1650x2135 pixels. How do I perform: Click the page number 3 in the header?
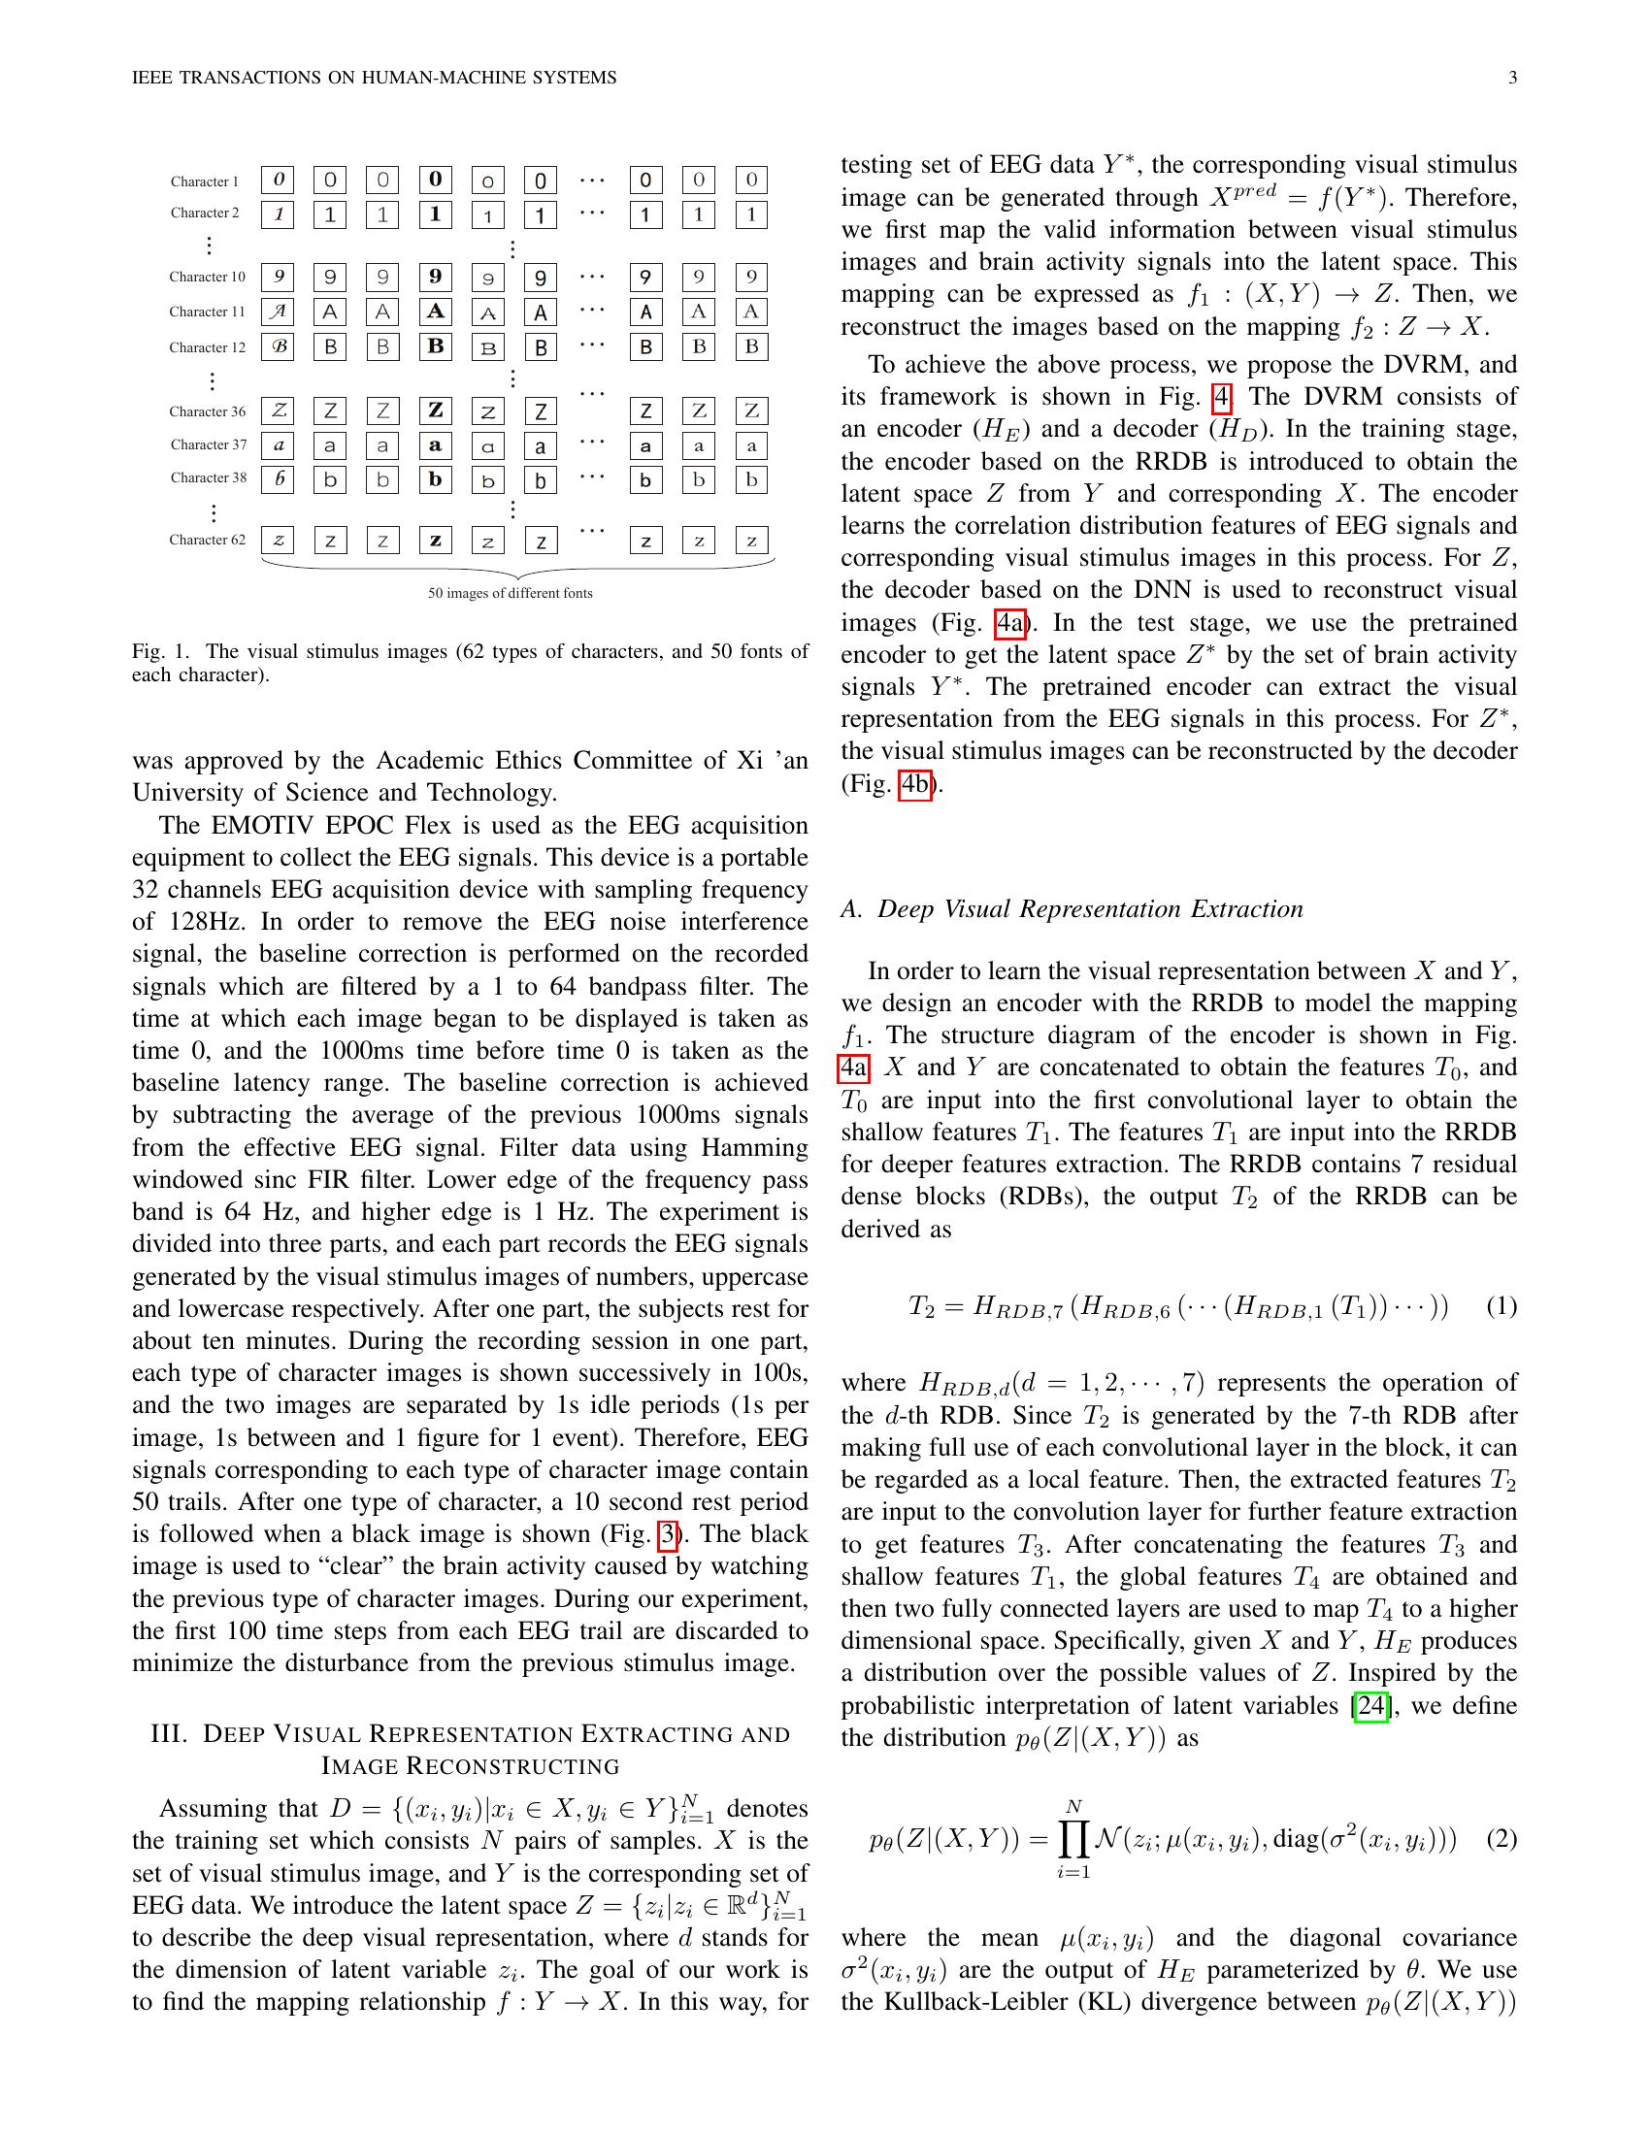click(1512, 78)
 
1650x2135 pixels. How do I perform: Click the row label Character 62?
click(208, 540)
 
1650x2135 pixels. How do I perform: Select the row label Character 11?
click(208, 312)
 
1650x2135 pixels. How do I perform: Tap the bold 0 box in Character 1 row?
click(435, 179)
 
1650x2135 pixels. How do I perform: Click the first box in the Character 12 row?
click(279, 347)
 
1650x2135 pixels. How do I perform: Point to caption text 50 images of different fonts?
click(511, 593)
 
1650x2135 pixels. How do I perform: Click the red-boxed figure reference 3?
click(669, 1533)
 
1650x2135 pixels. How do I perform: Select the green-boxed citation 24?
click(1370, 1706)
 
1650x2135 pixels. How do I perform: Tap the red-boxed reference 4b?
click(915, 784)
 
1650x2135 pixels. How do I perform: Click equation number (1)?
click(1501, 1306)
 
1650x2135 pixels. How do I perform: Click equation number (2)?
click(1501, 1839)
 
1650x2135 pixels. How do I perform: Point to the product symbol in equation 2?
click(1073, 1841)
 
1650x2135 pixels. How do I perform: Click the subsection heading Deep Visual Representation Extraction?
click(1090, 909)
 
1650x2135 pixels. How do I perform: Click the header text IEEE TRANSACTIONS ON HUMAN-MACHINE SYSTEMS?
click(375, 78)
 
